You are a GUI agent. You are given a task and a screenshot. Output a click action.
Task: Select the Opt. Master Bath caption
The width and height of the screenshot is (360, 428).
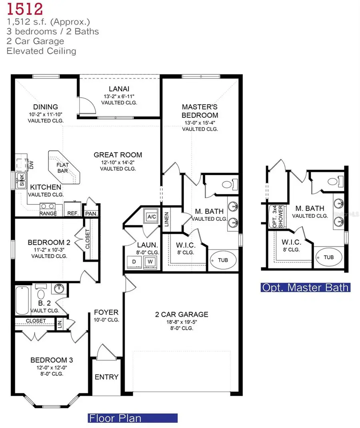tap(305, 287)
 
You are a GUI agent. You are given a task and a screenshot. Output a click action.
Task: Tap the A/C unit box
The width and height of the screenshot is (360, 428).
tap(152, 216)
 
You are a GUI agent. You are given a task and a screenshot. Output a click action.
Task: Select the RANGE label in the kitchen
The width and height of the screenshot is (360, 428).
tap(48, 214)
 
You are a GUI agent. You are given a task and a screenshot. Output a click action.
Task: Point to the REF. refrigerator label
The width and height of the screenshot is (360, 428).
tap(72, 214)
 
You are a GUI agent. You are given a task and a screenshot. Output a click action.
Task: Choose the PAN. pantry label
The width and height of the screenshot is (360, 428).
tap(91, 214)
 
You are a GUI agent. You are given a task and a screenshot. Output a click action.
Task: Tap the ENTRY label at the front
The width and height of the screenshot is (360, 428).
tap(106, 377)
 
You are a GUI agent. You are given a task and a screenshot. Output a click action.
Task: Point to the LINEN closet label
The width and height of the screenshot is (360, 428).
tap(166, 220)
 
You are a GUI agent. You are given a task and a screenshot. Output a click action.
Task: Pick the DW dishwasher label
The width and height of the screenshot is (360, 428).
tap(31, 164)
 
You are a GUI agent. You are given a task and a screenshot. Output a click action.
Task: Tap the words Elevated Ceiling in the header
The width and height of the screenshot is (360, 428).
tap(41, 51)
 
